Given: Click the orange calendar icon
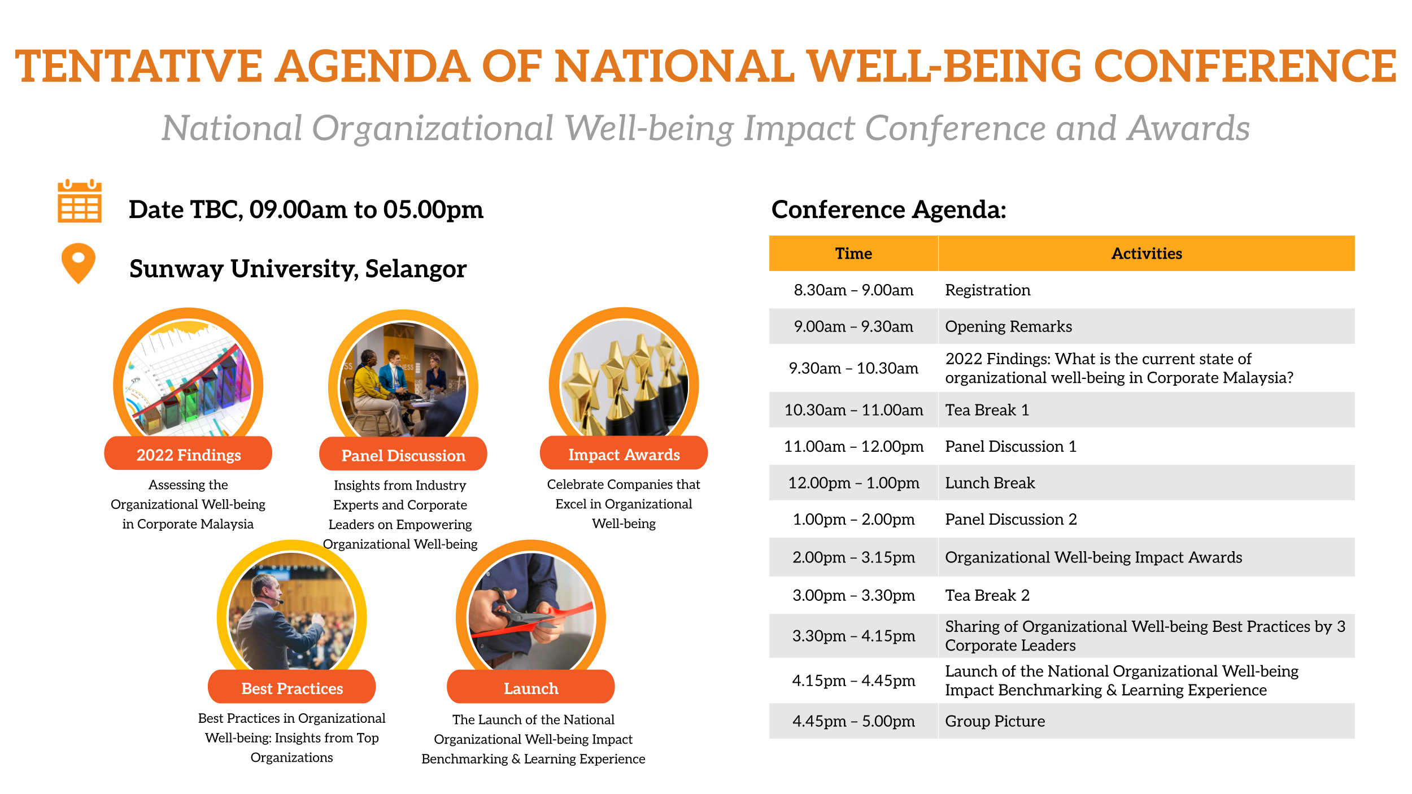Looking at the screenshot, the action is pos(80,201).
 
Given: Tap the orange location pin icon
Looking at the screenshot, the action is pos(79,263).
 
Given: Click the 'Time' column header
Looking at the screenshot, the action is pos(853,254).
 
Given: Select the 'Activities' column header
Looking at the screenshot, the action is pos(1147,254).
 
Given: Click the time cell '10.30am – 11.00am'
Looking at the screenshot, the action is pos(853,410).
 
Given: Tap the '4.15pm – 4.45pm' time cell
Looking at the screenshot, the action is pos(853,680).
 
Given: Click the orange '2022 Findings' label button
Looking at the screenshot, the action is pos(188,453).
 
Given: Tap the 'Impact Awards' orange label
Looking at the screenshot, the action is pos(624,453).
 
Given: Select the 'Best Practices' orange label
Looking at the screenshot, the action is pos(291,687).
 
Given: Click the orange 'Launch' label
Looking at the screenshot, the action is pos(530,687).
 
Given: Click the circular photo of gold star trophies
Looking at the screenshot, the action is pos(624,378).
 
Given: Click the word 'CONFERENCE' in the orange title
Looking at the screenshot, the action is pos(1245,66).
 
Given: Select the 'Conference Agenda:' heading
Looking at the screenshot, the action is pos(889,210).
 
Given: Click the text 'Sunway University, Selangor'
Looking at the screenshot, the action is pos(298,269).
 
